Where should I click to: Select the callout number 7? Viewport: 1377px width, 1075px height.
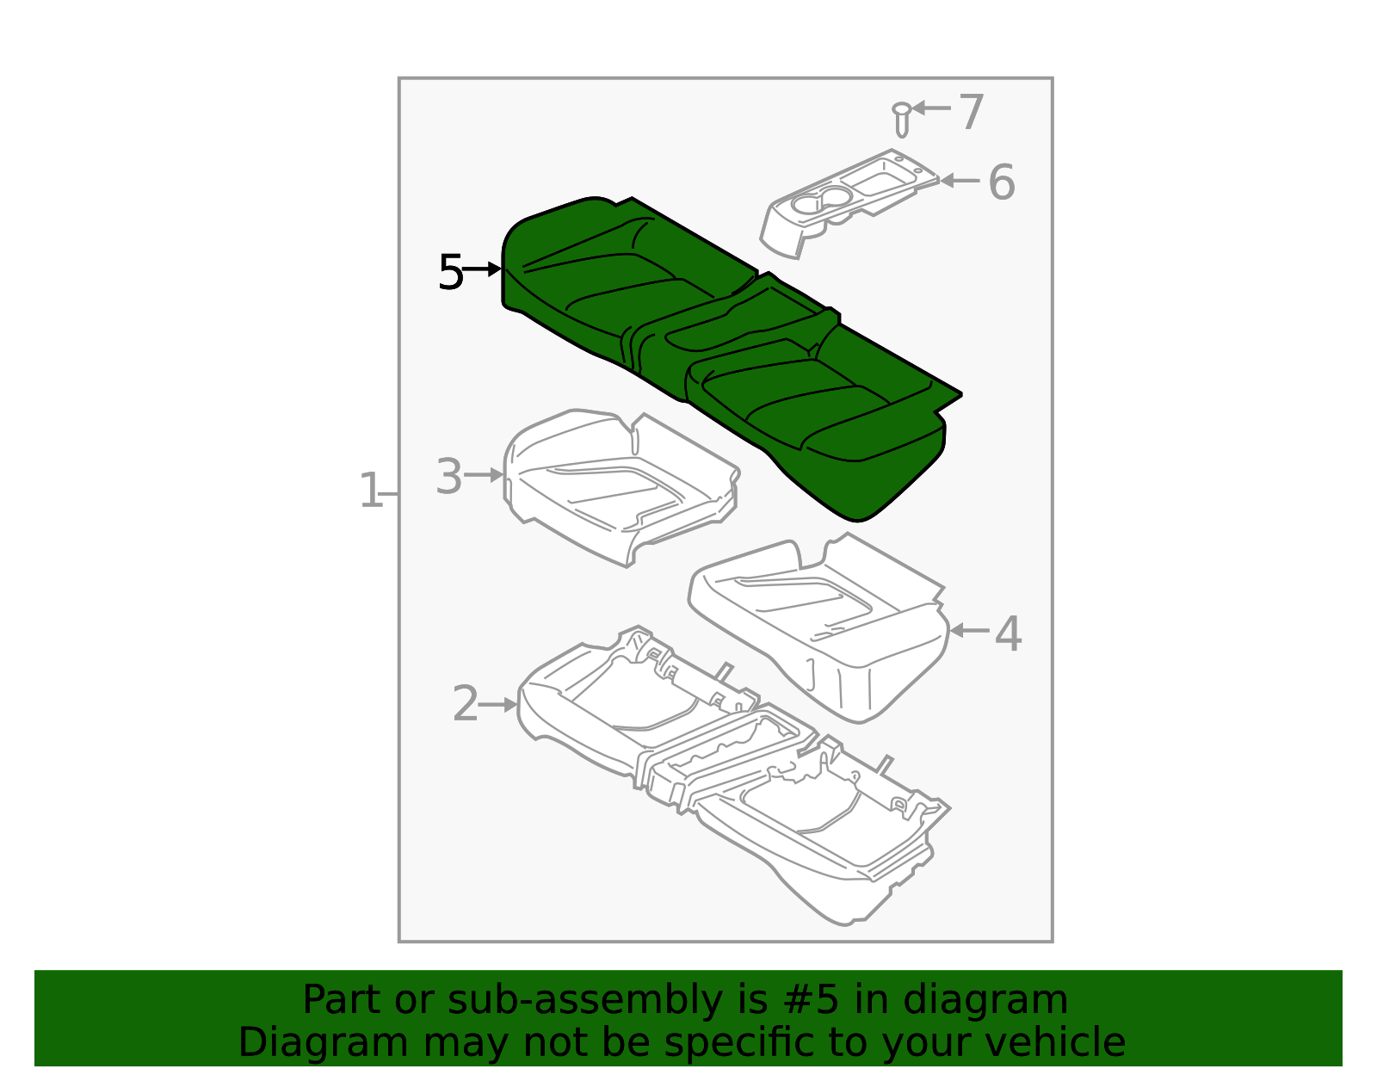coord(971,112)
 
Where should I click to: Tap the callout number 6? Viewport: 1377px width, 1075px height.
coord(1001,182)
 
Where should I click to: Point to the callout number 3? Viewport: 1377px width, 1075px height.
coord(449,476)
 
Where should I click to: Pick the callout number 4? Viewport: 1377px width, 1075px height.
coord(1008,634)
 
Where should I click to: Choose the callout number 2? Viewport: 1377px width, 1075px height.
coord(465,704)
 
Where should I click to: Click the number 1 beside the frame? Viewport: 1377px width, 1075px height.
coord(370,491)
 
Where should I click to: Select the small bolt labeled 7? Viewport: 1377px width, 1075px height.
coord(901,119)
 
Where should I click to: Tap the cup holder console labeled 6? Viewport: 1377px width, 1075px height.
coord(843,202)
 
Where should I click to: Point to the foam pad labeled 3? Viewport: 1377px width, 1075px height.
coord(620,486)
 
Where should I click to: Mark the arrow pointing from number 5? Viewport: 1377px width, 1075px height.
coord(483,269)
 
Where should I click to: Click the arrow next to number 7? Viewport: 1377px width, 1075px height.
coord(932,108)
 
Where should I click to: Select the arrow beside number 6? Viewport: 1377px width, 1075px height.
coord(960,181)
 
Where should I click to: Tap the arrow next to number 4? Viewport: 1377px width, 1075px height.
coord(969,631)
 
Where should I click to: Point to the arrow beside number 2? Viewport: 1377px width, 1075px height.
coord(498,704)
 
